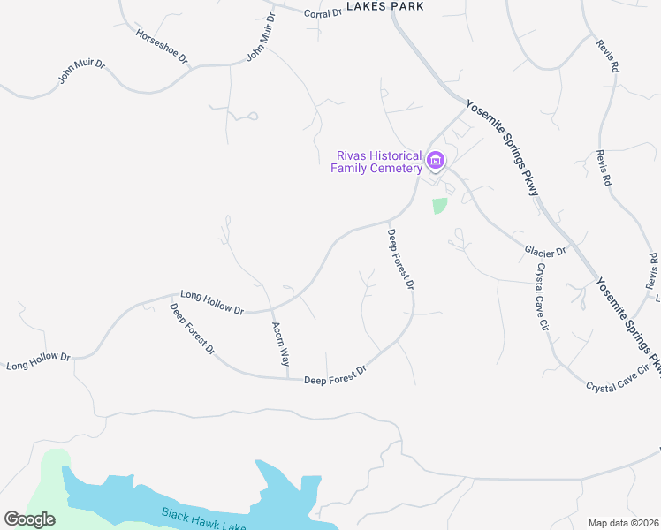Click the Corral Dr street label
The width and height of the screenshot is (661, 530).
pos(323,13)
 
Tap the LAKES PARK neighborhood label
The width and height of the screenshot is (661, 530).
pos(385,6)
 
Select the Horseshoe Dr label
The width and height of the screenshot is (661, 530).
pos(162,46)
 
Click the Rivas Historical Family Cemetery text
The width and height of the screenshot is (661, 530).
pos(376,162)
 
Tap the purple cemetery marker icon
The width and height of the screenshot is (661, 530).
pos(435,161)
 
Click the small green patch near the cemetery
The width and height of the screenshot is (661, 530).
pos(439,205)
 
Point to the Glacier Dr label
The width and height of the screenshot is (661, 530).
pos(545,252)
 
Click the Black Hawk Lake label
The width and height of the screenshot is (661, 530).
pos(203,520)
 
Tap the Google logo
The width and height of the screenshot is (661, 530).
pos(29,519)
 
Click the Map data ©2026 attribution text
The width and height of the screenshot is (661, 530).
pos(623,523)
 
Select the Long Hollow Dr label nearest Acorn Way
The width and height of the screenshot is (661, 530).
pos(212,302)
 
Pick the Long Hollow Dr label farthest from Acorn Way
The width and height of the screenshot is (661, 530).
pos(38,360)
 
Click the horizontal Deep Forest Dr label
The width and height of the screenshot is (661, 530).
pos(334,377)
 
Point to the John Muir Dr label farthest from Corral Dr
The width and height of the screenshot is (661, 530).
pos(82,71)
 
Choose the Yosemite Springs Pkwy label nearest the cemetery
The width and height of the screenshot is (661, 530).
pos(502,148)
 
